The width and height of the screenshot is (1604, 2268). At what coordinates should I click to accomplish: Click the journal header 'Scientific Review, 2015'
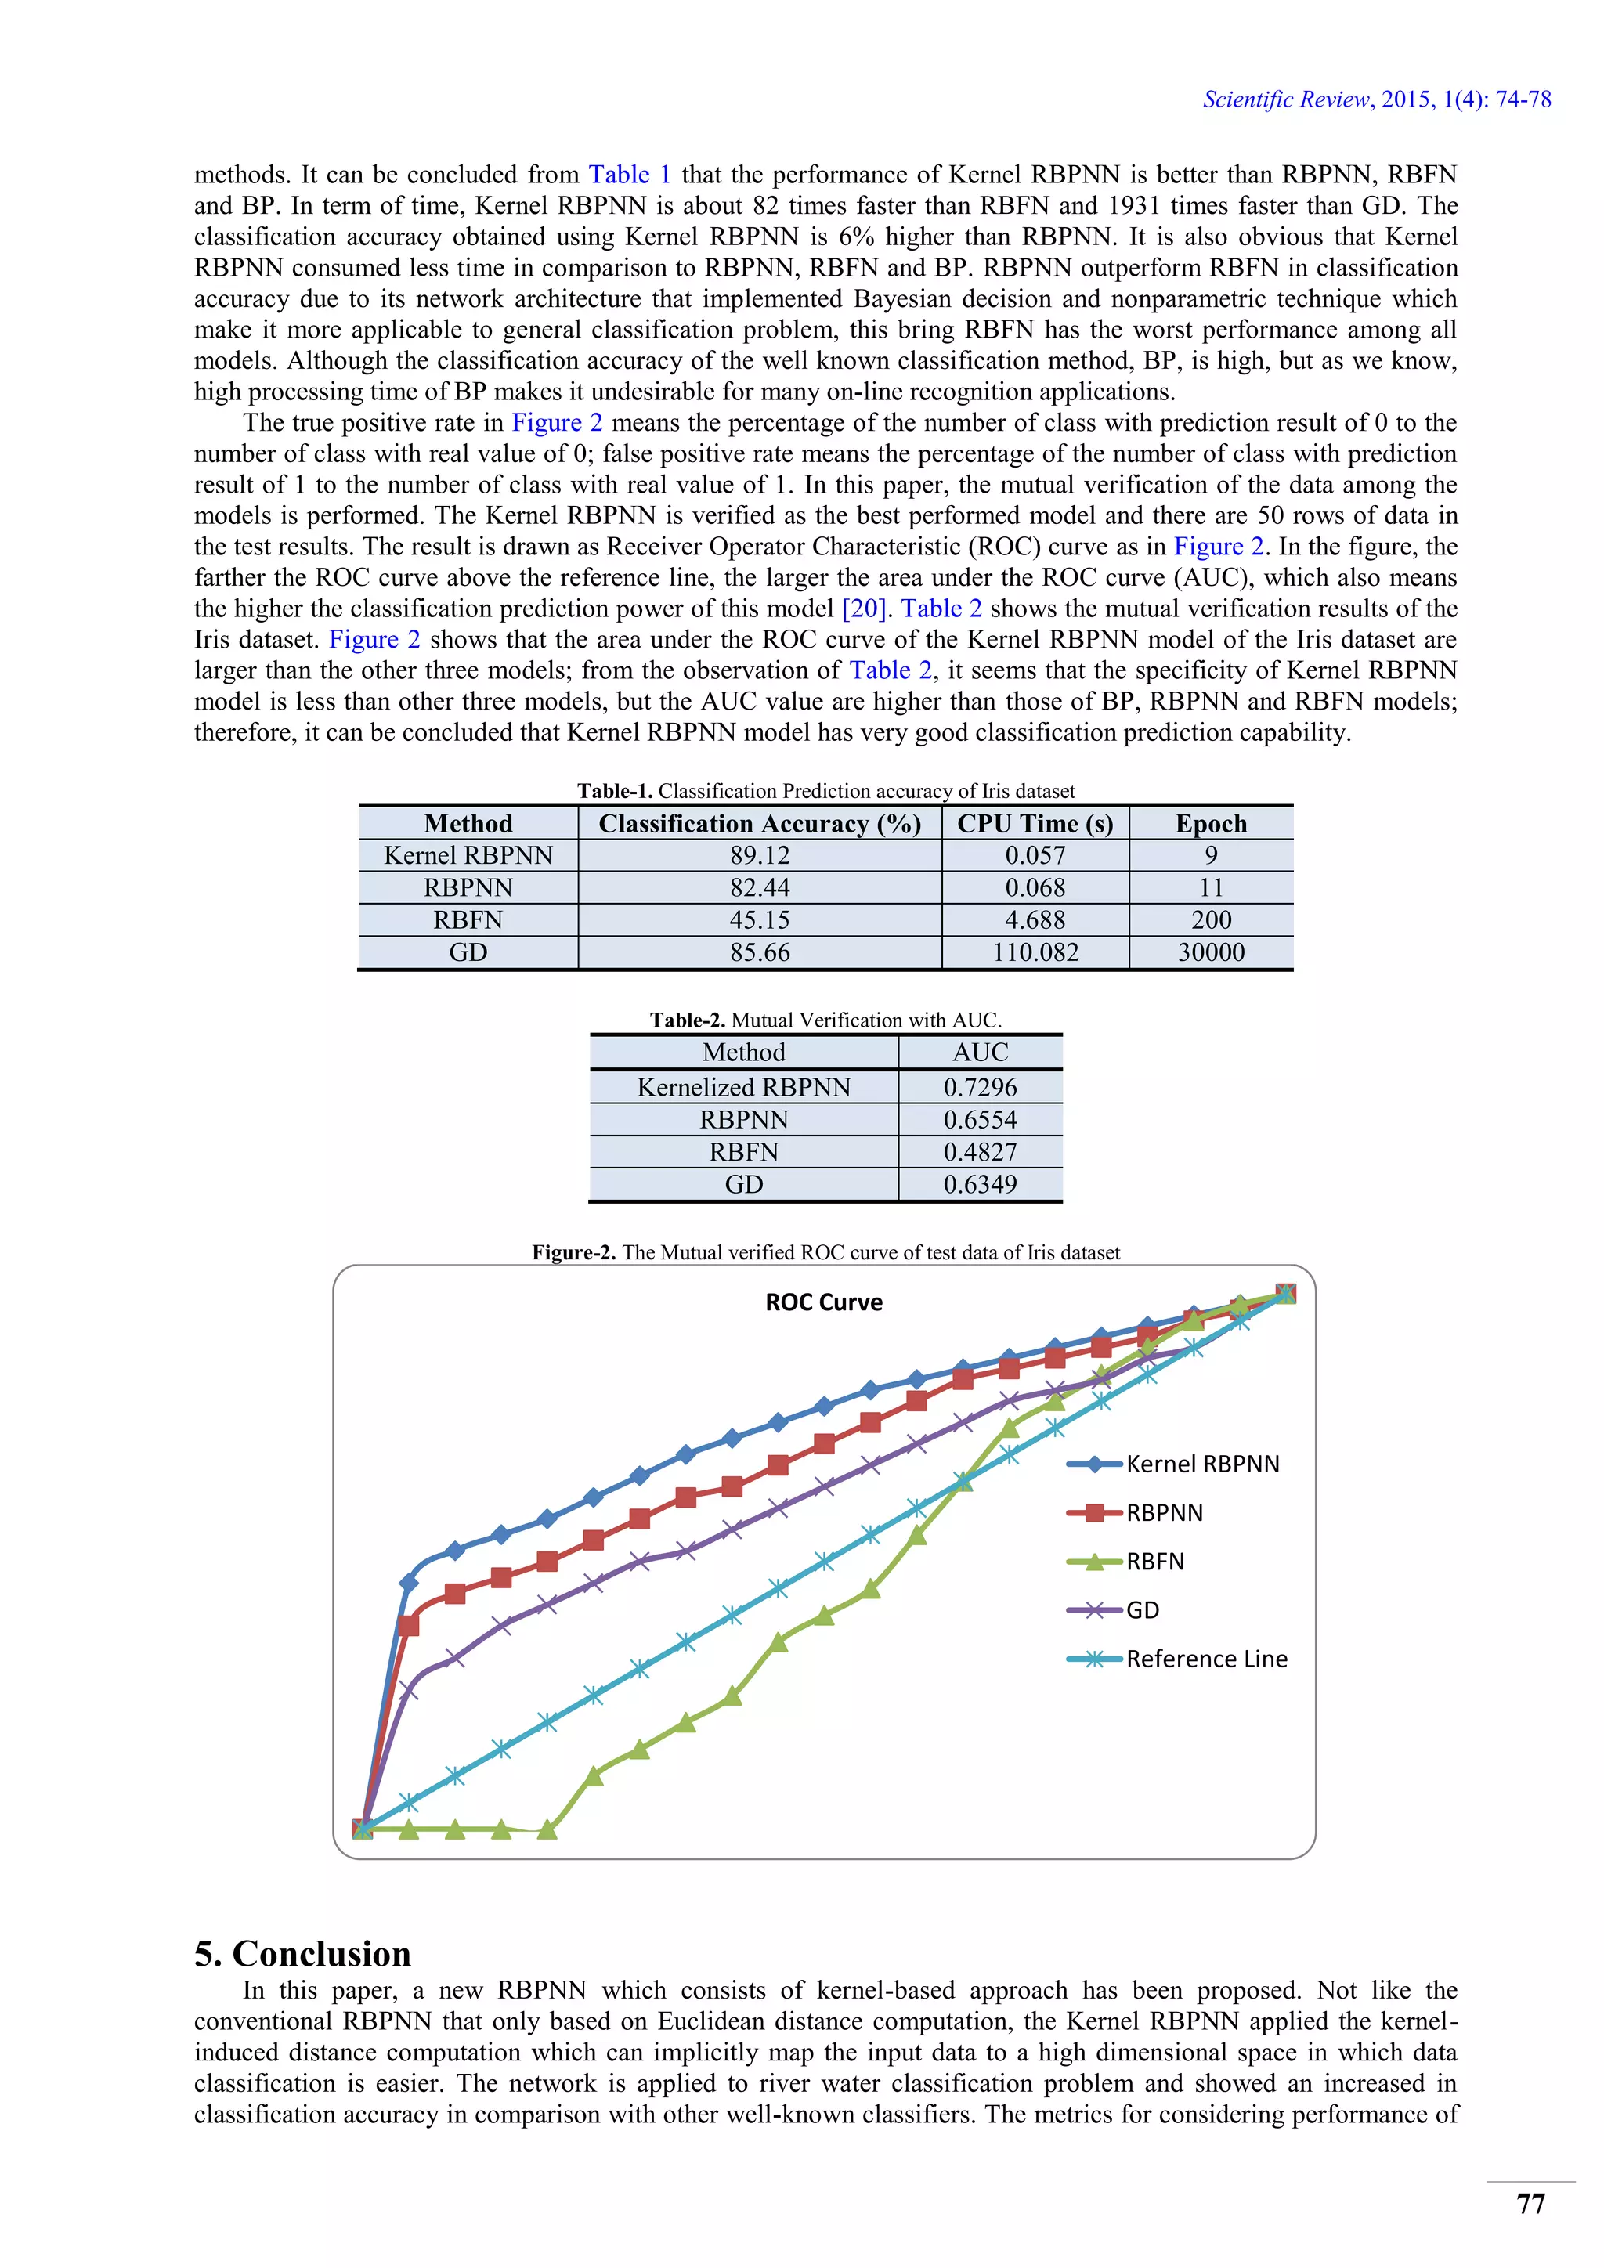pyautogui.click(x=1376, y=99)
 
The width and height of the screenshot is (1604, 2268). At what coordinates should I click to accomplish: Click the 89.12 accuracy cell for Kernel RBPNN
pyautogui.click(x=760, y=855)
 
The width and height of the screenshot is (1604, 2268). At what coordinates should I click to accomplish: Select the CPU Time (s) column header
pyautogui.click(x=1035, y=823)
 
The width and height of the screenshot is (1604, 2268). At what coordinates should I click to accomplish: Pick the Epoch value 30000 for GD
pyautogui.click(x=1211, y=952)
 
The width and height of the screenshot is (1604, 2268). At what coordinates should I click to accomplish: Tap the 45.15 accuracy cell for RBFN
pyautogui.click(x=760, y=919)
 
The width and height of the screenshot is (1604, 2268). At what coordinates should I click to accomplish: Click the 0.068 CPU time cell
pyautogui.click(x=1035, y=887)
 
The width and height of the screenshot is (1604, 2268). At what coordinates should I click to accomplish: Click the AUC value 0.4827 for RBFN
pyautogui.click(x=980, y=1152)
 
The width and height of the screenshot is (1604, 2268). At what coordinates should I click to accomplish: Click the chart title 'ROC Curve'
pyautogui.click(x=824, y=1302)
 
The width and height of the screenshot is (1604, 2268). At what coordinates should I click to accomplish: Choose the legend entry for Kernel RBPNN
pyautogui.click(x=1202, y=1464)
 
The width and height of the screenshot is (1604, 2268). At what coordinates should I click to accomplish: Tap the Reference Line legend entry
pyautogui.click(x=1206, y=1659)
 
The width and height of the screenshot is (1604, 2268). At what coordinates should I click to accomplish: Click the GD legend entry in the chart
pyautogui.click(x=1142, y=1610)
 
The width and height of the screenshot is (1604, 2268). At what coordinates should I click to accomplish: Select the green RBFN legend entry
pyautogui.click(x=1154, y=1562)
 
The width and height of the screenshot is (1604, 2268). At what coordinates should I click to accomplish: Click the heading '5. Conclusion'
pyautogui.click(x=302, y=1954)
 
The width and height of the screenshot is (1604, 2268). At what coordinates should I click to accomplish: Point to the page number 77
pyautogui.click(x=1530, y=2204)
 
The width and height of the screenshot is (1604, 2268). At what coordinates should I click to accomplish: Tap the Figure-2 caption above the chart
pyautogui.click(x=825, y=1252)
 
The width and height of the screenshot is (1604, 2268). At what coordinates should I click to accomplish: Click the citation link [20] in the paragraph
pyautogui.click(x=864, y=609)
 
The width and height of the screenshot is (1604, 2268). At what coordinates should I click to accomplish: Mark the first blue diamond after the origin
pyautogui.click(x=409, y=1583)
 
